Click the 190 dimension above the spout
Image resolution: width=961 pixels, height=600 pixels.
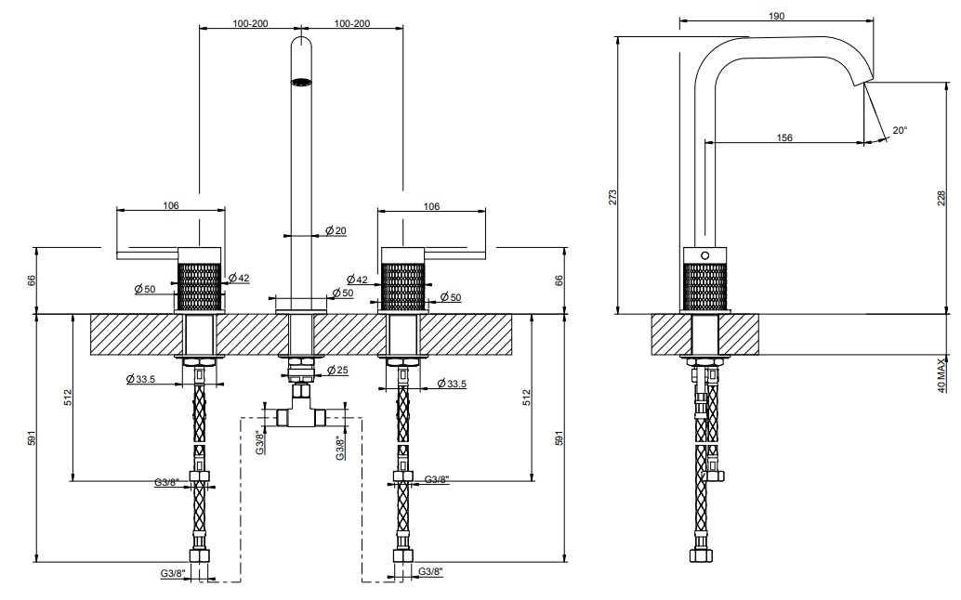(x=776, y=16)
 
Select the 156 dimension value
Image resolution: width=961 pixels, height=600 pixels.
(x=783, y=137)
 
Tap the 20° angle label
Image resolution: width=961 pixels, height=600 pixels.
(x=900, y=130)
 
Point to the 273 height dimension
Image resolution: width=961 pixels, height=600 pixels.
(x=612, y=197)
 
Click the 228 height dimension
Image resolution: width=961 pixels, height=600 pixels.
(x=942, y=199)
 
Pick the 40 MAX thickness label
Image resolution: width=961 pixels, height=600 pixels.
(x=942, y=373)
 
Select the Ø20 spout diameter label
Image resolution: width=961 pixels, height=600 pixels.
(x=336, y=230)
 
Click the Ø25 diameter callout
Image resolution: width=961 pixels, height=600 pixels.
(x=337, y=370)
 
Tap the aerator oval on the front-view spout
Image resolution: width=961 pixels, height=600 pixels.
(x=300, y=80)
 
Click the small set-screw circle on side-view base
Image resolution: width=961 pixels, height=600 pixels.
(x=704, y=254)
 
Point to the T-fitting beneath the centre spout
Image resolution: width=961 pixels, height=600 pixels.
(x=299, y=411)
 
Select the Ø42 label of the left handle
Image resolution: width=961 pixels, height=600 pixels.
(x=239, y=278)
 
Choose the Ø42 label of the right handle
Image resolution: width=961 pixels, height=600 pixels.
(x=357, y=280)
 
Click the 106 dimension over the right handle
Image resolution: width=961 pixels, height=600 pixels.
(x=431, y=206)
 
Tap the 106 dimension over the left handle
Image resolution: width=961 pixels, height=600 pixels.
(x=170, y=205)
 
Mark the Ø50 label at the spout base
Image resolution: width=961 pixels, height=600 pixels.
(x=343, y=293)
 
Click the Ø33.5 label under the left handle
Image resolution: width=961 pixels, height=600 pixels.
(x=140, y=379)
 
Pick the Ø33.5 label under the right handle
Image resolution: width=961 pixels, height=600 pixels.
(x=452, y=384)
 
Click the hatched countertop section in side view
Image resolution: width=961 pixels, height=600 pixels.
(x=704, y=334)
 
